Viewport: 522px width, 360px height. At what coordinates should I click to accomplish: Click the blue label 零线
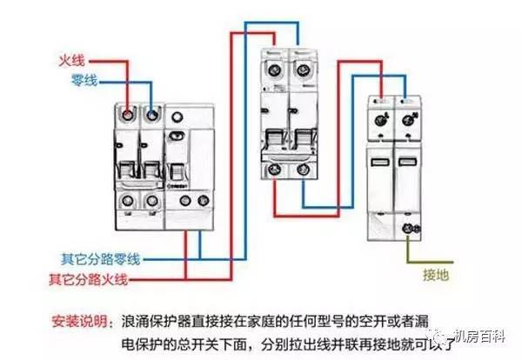[x=84, y=80]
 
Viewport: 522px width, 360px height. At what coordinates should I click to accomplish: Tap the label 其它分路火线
[x=92, y=279]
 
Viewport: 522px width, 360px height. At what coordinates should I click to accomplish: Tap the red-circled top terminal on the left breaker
[x=128, y=113]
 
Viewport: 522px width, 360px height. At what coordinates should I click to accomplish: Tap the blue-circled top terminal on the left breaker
[x=152, y=113]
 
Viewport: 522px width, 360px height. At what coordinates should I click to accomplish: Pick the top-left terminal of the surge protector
[x=379, y=116]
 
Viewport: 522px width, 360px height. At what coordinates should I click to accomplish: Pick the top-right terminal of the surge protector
[x=405, y=116]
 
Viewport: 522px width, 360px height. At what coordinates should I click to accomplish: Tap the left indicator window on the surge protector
[x=379, y=162]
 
